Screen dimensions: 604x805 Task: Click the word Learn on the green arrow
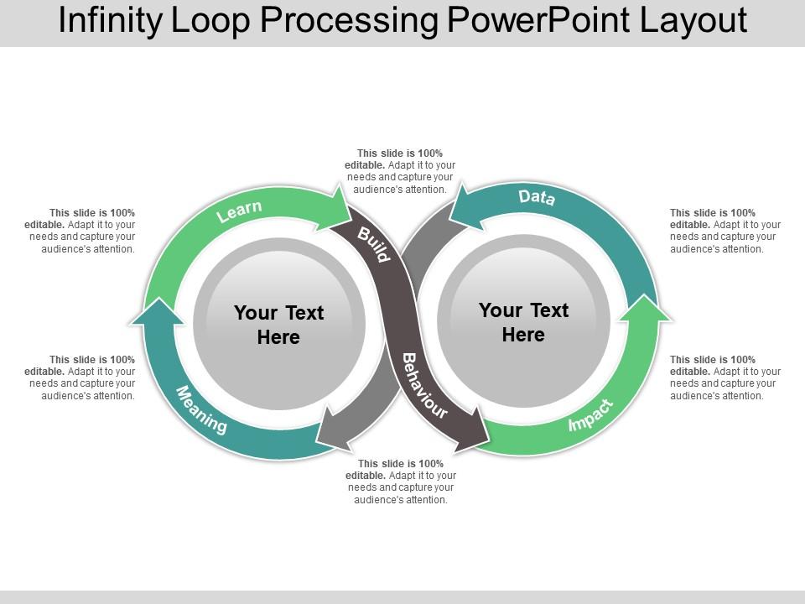point(240,211)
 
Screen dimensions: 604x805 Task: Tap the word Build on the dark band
point(374,244)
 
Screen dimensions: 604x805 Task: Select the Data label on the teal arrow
point(537,198)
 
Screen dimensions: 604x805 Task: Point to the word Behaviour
point(424,385)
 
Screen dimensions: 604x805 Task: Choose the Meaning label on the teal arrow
point(201,410)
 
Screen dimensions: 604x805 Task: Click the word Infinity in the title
point(112,21)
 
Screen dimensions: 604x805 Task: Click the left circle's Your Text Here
point(278,325)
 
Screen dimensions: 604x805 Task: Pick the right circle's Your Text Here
point(523,322)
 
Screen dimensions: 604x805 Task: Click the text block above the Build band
point(399,171)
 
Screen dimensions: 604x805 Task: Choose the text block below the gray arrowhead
point(399,482)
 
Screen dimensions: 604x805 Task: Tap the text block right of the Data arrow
point(724,231)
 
